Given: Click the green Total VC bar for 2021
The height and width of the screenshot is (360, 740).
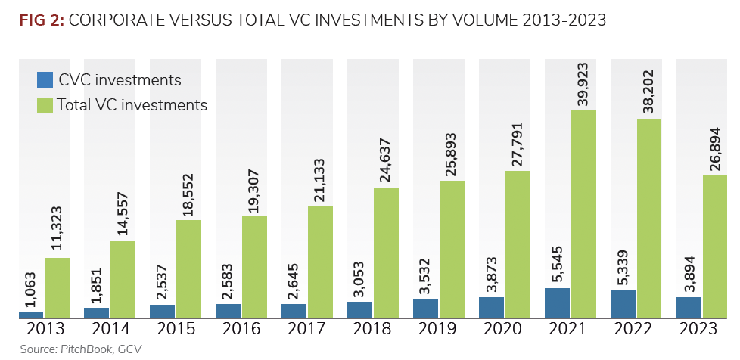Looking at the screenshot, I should click(x=583, y=214).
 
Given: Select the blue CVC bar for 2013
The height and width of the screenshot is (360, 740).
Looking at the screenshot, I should click(x=31, y=315).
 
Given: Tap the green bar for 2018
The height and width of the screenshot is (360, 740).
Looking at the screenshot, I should click(x=386, y=253).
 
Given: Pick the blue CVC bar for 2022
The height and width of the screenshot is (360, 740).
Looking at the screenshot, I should click(x=623, y=303).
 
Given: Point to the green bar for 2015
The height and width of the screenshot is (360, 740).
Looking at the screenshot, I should click(x=188, y=269).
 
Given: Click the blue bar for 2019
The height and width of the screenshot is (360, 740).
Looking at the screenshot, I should click(x=426, y=309).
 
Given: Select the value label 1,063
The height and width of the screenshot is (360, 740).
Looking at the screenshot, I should click(x=31, y=284).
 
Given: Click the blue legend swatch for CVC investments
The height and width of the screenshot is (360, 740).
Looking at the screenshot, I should click(x=45, y=80).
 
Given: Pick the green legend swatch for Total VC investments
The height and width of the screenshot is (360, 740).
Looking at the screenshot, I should click(x=45, y=105).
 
